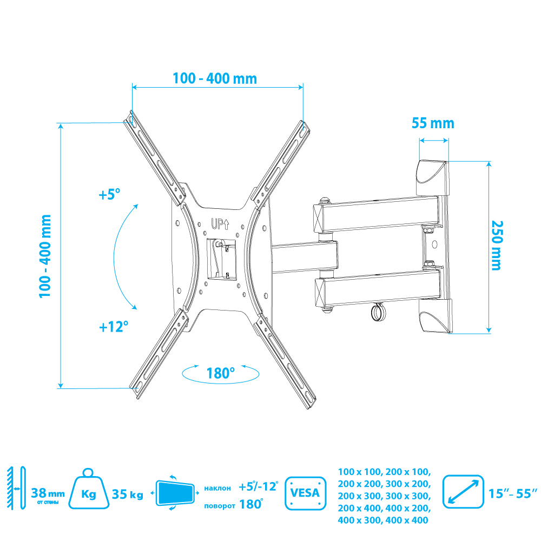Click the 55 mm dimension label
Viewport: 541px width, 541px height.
click(x=433, y=123)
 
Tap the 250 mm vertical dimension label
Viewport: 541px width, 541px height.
click(x=497, y=245)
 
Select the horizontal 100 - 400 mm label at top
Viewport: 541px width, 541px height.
click(x=215, y=78)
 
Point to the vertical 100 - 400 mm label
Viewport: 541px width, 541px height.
click(x=45, y=256)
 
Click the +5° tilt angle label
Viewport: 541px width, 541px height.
click(x=109, y=194)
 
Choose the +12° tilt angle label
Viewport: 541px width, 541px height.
click(x=114, y=326)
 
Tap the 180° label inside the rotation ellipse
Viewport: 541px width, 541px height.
click(x=220, y=373)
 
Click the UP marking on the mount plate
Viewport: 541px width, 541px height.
click(x=220, y=225)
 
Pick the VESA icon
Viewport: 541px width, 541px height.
click(x=305, y=493)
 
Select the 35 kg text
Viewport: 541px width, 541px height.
click(x=127, y=494)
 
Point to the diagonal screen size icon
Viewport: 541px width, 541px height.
click(x=463, y=492)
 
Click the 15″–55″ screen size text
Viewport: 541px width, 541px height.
click(x=513, y=493)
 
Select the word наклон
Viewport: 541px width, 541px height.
click(x=217, y=488)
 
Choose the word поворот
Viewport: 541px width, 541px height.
click(x=220, y=506)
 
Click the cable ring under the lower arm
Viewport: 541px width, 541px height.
click(x=379, y=312)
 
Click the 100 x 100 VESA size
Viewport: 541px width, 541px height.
click(x=359, y=472)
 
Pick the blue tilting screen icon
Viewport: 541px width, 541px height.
click(x=175, y=493)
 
